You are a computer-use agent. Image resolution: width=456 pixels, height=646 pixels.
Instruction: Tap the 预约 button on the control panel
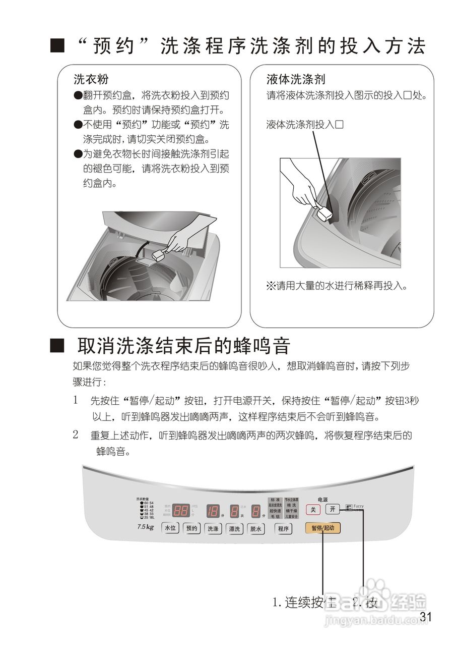click(x=191, y=528)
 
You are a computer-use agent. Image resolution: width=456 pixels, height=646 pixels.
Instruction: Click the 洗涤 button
click(x=213, y=528)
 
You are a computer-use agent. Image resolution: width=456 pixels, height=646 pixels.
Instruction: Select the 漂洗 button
click(x=234, y=528)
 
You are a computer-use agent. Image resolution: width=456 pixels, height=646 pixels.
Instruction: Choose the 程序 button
click(x=283, y=528)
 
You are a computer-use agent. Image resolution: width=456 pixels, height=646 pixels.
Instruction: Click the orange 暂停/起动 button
click(x=322, y=528)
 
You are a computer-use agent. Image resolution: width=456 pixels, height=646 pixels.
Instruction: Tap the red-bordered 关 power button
click(x=313, y=509)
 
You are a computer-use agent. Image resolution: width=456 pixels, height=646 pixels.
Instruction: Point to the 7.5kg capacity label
click(x=145, y=527)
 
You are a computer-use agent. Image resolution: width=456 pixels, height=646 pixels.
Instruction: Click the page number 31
click(x=426, y=617)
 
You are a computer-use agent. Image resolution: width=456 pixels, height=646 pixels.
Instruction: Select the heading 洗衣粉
click(x=91, y=79)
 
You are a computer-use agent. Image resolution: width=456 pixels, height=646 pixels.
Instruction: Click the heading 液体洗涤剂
click(x=296, y=79)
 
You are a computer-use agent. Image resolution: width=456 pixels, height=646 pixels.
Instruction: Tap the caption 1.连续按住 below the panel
click(x=304, y=602)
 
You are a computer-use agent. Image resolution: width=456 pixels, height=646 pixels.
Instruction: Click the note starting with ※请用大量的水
click(x=336, y=286)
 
